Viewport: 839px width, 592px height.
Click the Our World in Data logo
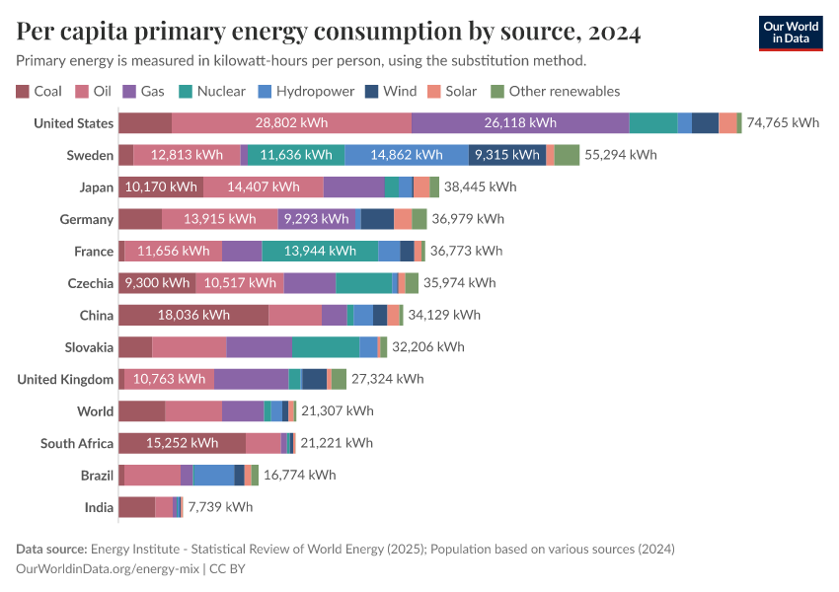[790, 33]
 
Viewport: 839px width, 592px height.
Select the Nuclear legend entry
[212, 91]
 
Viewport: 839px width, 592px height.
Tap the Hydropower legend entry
[306, 91]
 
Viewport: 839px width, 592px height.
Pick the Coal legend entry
[38, 91]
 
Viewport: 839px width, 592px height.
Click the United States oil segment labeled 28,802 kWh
[291, 123]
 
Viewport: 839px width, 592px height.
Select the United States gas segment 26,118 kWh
[520, 123]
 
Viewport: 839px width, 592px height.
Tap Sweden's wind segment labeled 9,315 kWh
[507, 155]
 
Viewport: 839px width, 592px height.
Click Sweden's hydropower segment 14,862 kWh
[407, 155]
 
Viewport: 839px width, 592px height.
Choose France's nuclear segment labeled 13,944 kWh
[320, 251]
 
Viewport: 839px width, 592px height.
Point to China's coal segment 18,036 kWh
[193, 315]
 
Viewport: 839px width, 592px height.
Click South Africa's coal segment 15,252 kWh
[182, 443]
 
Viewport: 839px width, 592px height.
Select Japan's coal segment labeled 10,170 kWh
[160, 186]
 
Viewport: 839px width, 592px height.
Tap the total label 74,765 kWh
[783, 123]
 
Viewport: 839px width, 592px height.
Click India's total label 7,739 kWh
[220, 507]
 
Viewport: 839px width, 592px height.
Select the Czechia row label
[90, 283]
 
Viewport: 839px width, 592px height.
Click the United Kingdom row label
[65, 379]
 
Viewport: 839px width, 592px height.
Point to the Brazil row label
[97, 476]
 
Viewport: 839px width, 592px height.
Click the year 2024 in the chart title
[613, 33]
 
